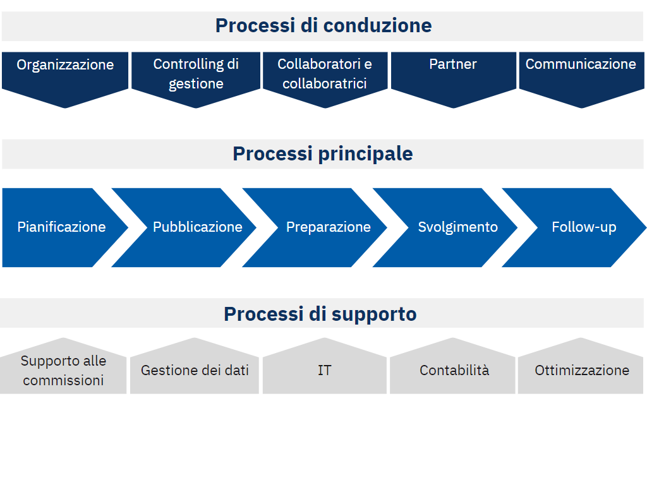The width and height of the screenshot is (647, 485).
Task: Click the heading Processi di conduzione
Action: (323, 25)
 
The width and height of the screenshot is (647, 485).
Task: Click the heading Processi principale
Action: (323, 154)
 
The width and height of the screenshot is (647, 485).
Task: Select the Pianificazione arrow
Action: (62, 227)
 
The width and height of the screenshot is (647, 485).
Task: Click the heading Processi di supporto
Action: (320, 314)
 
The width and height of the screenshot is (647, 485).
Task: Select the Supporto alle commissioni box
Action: (63, 367)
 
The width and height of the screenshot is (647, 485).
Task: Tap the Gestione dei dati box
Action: (195, 367)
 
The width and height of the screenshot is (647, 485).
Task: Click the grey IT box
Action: (325, 367)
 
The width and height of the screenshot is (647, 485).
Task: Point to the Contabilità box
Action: (452, 367)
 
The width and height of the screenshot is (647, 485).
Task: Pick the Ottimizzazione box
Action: (581, 367)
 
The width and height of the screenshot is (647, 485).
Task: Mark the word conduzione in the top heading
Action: (378, 25)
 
